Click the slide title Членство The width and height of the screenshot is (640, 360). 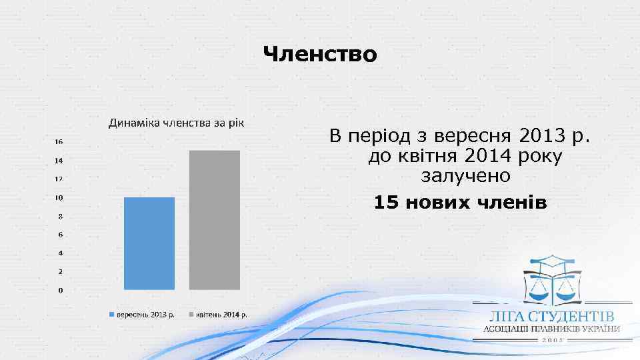320,53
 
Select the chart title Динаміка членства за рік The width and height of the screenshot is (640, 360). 177,123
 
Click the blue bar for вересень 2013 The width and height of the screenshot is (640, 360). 149,243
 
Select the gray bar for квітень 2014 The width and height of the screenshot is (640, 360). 214,220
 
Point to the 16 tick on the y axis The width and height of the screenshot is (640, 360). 59,142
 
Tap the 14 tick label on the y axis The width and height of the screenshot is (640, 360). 59,161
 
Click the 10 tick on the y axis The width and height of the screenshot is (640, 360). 59,198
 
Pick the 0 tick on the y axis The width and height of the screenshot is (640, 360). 61,291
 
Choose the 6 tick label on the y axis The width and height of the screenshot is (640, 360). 61,235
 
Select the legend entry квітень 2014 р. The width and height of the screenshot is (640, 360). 221,315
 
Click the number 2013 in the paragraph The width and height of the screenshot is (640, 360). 537,137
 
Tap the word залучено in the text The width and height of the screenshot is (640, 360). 466,177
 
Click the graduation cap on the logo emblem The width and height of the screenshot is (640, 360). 553,261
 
